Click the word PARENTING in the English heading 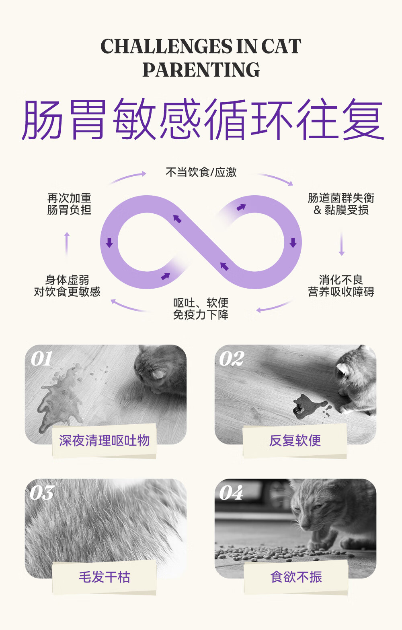[201, 70]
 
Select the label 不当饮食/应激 [201, 172]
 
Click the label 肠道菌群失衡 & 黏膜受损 [341, 204]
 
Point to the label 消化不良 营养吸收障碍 [341, 286]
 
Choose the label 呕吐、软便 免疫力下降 [201, 309]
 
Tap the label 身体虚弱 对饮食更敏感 [67, 286]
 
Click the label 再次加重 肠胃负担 [69, 204]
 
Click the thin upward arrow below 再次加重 [67, 244]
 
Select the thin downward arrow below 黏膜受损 [342, 244]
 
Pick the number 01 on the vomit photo [41, 359]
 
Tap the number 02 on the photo [232, 359]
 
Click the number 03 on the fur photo [42, 493]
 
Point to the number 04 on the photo [231, 493]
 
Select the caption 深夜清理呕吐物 [104, 440]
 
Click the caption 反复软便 [295, 440]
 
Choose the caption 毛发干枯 [104, 577]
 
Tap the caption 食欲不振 [296, 577]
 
